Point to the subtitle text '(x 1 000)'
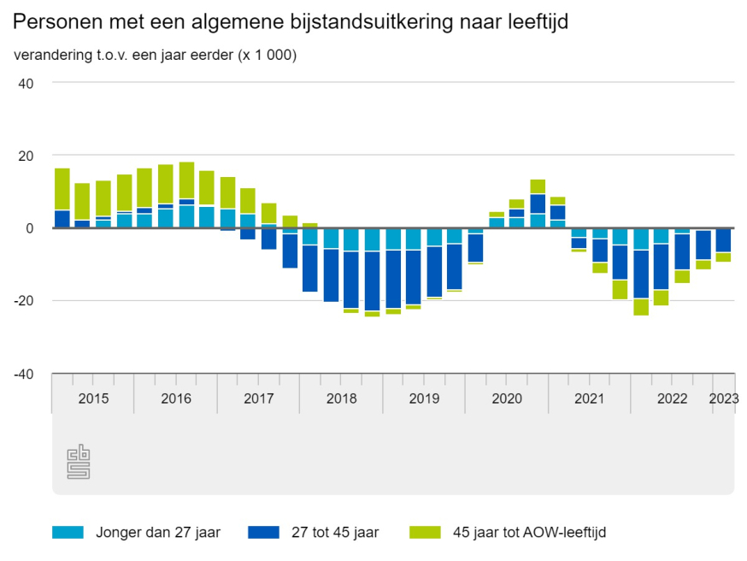pyautogui.click(x=265, y=56)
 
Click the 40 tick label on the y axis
pyautogui.click(x=26, y=83)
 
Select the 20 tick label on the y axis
pyautogui.click(x=26, y=156)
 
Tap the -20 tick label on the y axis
pyautogui.click(x=23, y=301)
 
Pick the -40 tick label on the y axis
pyautogui.click(x=23, y=374)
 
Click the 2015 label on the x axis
pyautogui.click(x=92, y=399)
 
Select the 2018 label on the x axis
pyautogui.click(x=341, y=399)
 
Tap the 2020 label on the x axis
pyautogui.click(x=507, y=399)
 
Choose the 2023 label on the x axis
pyautogui.click(x=723, y=399)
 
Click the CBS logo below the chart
pyautogui.click(x=79, y=462)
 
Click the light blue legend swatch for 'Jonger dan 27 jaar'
pyautogui.click(x=68, y=533)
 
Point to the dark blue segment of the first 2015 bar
pyautogui.click(x=62, y=219)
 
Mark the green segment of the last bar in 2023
pyautogui.click(x=723, y=257)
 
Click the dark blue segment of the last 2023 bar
pyautogui.click(x=723, y=240)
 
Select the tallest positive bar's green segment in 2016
pyautogui.click(x=186, y=180)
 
